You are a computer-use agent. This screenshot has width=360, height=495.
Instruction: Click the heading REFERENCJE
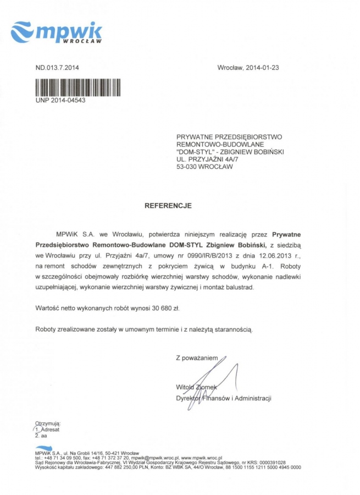(168, 206)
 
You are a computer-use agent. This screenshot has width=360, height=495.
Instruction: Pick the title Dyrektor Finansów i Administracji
(223, 398)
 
